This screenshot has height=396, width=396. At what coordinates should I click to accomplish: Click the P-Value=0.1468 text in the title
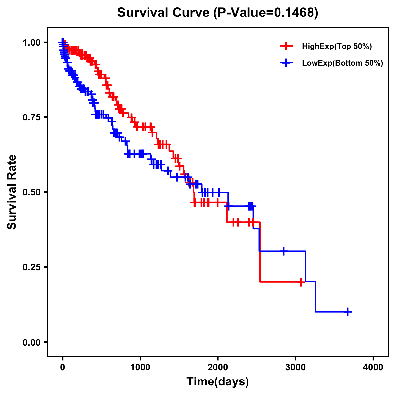(266, 13)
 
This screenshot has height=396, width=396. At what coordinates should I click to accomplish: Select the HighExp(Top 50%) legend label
(337, 47)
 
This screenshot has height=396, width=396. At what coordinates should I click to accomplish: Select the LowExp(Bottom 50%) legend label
(343, 63)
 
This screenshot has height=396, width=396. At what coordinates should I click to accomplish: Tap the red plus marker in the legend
(286, 47)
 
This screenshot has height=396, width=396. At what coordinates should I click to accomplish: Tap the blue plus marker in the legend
(286, 63)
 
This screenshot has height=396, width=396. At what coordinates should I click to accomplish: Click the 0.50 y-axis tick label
(32, 192)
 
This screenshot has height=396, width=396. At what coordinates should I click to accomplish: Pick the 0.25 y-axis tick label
(32, 267)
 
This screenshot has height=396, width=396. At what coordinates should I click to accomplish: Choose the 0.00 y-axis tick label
(32, 342)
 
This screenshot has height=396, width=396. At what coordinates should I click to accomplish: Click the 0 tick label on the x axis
(63, 367)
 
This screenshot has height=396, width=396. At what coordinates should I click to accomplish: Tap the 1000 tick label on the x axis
(140, 367)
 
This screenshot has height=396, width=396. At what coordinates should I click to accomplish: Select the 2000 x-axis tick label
(218, 367)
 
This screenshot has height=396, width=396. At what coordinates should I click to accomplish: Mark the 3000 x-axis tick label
(296, 367)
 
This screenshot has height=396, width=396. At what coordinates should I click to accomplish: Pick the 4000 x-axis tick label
(373, 367)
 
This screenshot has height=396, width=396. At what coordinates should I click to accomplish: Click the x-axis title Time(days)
(218, 382)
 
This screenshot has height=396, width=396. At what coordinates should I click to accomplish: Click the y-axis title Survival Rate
(12, 192)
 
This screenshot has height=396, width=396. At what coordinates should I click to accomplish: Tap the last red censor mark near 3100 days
(301, 282)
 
